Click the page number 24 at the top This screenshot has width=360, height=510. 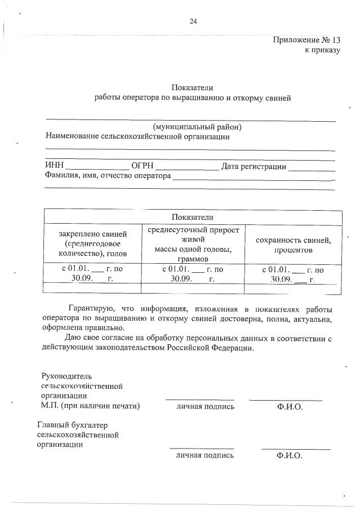coord(193,21)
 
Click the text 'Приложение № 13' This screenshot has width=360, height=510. coord(307,40)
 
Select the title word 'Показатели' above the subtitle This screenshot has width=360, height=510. coord(192,87)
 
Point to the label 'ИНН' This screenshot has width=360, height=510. coord(54,166)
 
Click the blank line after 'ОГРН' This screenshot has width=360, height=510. coord(186,167)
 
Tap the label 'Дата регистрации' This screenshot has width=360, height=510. coord(254,166)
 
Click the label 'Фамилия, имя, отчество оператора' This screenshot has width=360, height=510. coord(108,175)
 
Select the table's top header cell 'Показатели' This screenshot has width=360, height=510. coord(193,217)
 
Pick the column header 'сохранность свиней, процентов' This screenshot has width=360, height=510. coord(293,245)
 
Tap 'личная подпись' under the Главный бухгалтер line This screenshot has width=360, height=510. coord(205,455)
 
